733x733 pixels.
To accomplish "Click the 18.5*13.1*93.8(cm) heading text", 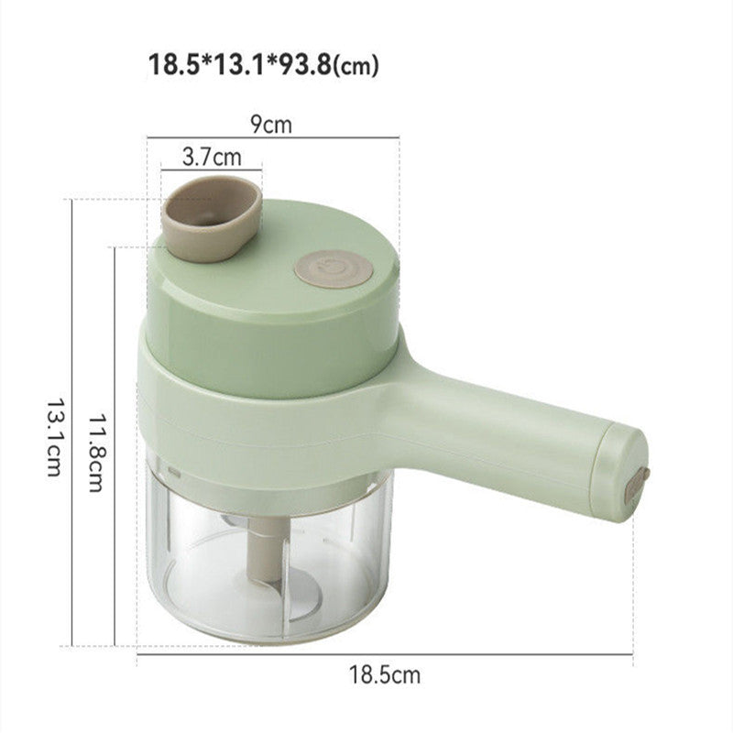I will (x=263, y=65).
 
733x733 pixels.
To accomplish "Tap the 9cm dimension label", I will (x=273, y=125).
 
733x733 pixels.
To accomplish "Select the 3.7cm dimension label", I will (x=211, y=156).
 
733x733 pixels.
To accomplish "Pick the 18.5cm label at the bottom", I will (x=384, y=675).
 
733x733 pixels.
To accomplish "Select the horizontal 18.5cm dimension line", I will (x=384, y=653).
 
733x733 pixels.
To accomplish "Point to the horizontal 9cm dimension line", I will (x=273, y=138).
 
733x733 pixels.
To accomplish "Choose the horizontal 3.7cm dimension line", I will (x=211, y=169).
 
